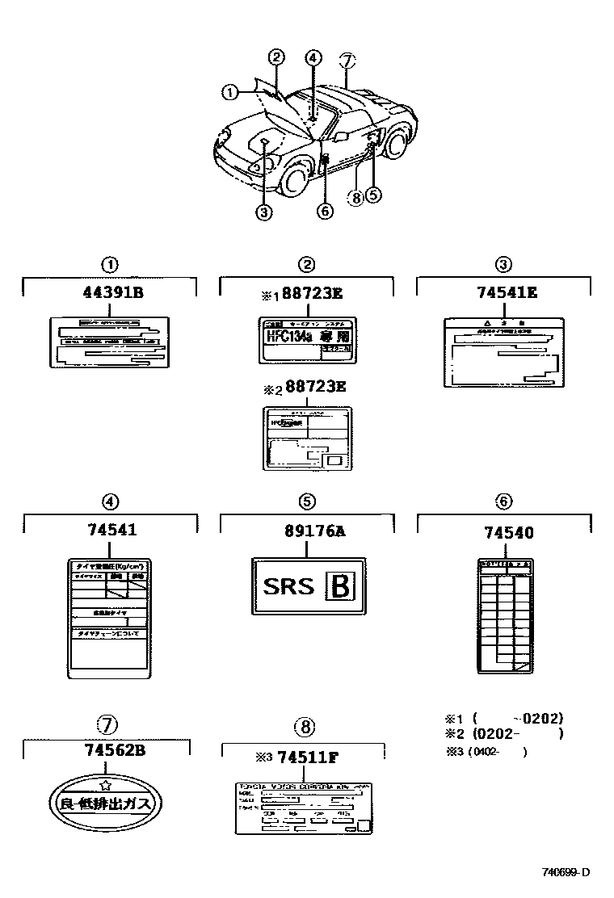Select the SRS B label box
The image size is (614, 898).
click(x=307, y=585)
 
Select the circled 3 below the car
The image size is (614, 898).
click(x=263, y=213)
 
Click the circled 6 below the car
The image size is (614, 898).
click(x=324, y=211)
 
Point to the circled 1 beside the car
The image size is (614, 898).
click(x=230, y=93)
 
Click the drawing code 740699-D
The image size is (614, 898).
click(x=566, y=872)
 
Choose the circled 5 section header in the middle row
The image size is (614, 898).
click(x=307, y=501)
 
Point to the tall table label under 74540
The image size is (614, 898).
click(x=504, y=615)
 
